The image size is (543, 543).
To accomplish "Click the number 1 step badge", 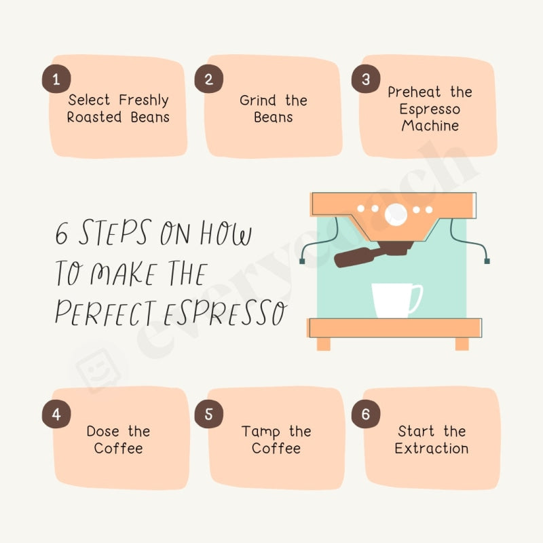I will (x=56, y=79).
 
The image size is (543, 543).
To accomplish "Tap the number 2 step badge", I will (x=208, y=79).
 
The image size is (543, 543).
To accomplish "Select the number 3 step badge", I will (x=366, y=79).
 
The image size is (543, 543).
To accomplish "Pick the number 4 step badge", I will (x=56, y=415).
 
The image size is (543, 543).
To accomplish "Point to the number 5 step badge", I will (x=208, y=415).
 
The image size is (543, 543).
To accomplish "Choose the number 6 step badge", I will (x=366, y=415).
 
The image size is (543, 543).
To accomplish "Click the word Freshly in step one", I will (x=144, y=100).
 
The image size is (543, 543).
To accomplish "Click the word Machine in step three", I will (x=430, y=126).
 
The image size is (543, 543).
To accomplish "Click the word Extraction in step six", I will (x=431, y=449).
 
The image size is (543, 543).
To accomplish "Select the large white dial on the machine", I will (x=396, y=215).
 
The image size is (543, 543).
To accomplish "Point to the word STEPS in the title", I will (x=114, y=234).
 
